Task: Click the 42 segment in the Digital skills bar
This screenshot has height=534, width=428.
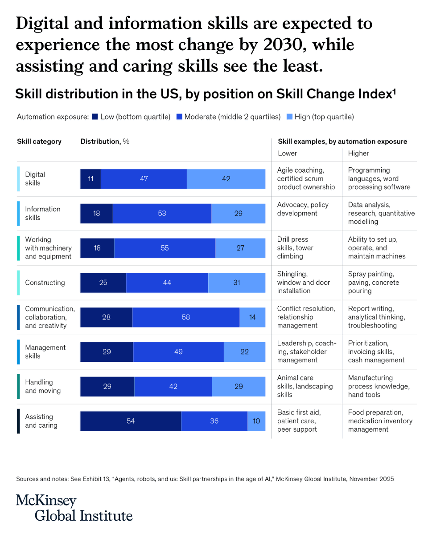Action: tap(226, 179)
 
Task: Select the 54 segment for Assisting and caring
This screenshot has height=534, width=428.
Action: tap(131, 421)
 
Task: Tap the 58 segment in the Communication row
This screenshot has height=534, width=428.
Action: tap(186, 317)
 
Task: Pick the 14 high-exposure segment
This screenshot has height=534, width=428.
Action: tap(252, 317)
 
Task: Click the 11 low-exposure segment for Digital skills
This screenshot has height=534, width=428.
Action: tap(91, 179)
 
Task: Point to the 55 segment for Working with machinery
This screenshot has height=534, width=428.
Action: tap(165, 248)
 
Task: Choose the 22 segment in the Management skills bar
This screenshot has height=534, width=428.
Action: tap(244, 352)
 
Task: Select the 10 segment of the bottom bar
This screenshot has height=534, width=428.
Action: tap(256, 421)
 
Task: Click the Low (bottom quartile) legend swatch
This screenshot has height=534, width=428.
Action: tap(95, 117)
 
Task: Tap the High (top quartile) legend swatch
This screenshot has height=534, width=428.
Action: tap(289, 117)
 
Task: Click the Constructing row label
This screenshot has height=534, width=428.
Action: tap(45, 283)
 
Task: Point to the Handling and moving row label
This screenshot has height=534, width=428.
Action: tap(43, 386)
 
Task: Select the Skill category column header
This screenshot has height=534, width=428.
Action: tap(39, 142)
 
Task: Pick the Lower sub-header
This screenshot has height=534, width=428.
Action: tap(288, 153)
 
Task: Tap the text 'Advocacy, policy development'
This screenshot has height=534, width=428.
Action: tap(303, 209)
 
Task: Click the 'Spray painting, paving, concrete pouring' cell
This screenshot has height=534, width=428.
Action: tap(374, 283)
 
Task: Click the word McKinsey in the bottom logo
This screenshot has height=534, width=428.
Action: tap(46, 501)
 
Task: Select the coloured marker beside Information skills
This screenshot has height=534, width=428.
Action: tap(18, 214)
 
